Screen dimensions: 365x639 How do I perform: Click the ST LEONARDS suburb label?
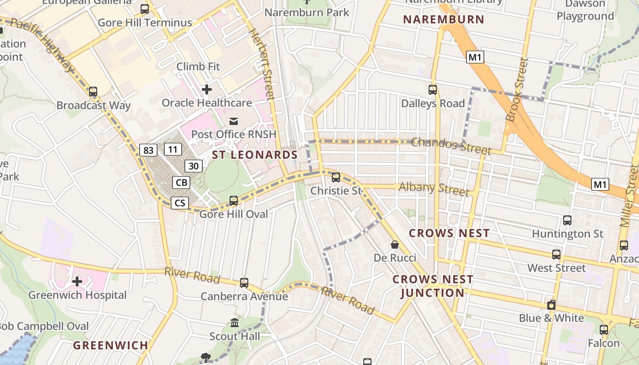tap(255, 155)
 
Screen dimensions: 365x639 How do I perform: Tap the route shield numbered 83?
tap(148, 150)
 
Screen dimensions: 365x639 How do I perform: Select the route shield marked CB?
tap(181, 183)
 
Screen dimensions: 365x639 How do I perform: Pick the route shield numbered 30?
tap(194, 166)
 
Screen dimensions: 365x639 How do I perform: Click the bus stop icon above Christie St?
tap(336, 177)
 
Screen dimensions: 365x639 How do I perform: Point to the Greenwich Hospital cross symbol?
tap(77, 282)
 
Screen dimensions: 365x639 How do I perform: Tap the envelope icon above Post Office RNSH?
tap(234, 121)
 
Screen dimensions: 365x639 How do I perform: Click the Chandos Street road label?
tap(451, 146)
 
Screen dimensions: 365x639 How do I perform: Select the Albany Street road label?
tap(434, 188)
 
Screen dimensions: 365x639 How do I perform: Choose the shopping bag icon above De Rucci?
tap(395, 245)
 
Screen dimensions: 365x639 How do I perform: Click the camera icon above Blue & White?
tap(551, 305)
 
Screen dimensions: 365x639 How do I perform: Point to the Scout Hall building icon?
tap(235, 323)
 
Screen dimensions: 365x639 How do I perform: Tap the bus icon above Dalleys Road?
tap(433, 90)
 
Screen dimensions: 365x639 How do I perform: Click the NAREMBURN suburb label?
tap(444, 20)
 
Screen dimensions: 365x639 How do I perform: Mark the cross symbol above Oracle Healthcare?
tap(207, 89)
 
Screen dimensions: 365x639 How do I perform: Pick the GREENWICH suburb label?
tap(111, 345)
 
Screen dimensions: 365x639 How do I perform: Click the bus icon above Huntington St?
tap(567, 220)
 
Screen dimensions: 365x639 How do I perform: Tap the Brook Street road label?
tap(517, 90)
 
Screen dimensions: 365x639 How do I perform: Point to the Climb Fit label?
tap(198, 67)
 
